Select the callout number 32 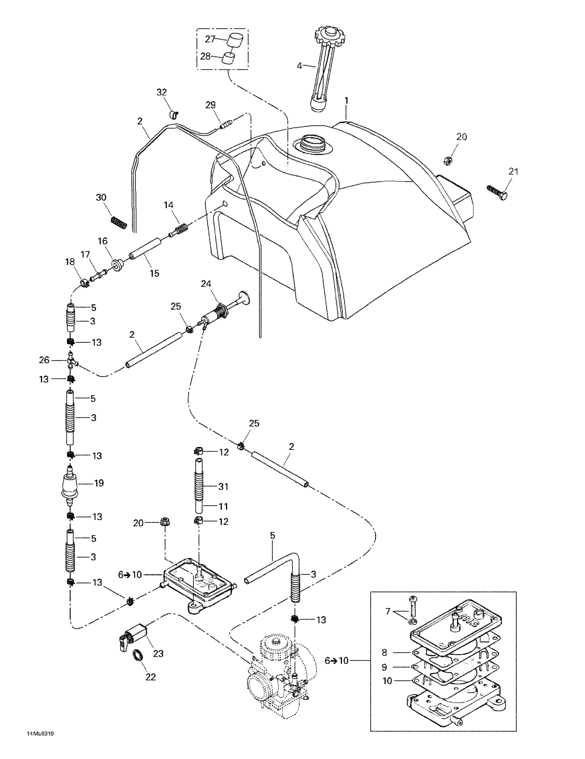click(x=162, y=92)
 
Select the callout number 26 click(x=44, y=360)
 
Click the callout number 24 click(x=206, y=284)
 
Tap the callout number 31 click(x=223, y=487)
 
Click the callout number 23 click(x=158, y=653)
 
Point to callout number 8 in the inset click(x=384, y=652)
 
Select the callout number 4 click(x=299, y=66)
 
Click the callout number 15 click(x=154, y=273)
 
